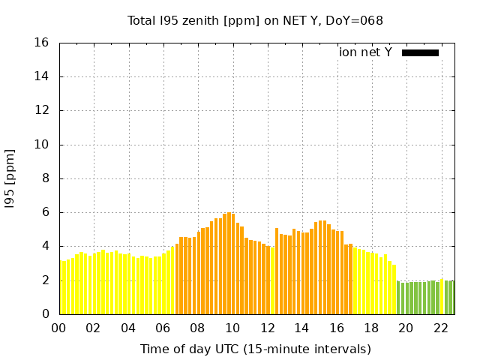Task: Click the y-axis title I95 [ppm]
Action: click(10, 178)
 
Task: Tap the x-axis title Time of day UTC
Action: click(256, 349)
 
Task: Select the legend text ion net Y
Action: click(365, 52)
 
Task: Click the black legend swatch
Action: click(420, 52)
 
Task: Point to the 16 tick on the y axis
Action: click(43, 43)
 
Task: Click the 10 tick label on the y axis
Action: click(43, 145)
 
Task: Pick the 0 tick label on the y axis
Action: click(46, 314)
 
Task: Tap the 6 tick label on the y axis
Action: click(46, 212)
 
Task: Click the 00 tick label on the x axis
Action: click(58, 328)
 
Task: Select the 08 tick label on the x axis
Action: click(197, 328)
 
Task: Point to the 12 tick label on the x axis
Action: click(267, 328)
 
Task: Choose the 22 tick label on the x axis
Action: click(441, 328)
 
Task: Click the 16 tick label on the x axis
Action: click(337, 328)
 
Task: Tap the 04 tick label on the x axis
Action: click(128, 328)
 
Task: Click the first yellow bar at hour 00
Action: click(61, 288)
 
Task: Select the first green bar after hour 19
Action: click(398, 298)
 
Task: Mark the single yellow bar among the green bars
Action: click(442, 296)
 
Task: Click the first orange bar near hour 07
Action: click(177, 279)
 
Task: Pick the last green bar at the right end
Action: click(452, 297)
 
